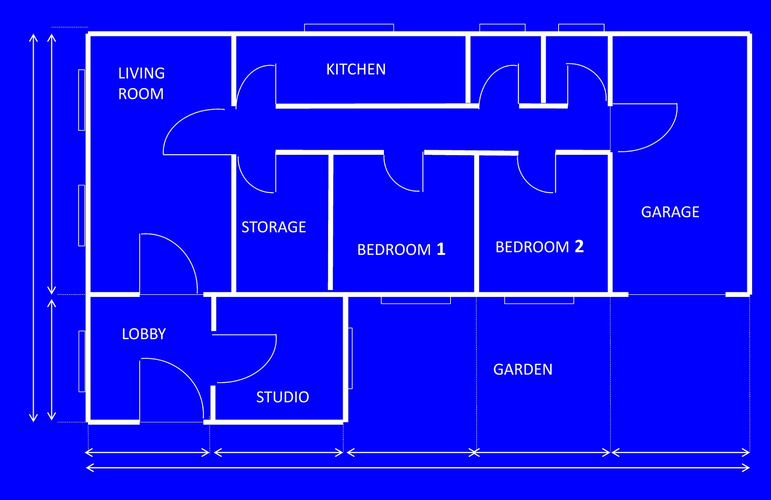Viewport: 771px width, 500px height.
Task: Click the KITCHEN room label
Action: point(356,70)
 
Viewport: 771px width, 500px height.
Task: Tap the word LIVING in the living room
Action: point(141,74)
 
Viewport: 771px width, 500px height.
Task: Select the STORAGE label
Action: point(273,227)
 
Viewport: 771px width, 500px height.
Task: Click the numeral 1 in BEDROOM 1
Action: point(441,249)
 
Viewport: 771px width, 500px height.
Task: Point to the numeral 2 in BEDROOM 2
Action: point(579,246)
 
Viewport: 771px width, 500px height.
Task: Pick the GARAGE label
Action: point(670,212)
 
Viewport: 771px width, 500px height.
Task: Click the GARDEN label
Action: point(522,369)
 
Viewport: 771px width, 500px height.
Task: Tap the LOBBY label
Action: point(144,334)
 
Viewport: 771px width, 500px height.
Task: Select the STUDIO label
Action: point(283,397)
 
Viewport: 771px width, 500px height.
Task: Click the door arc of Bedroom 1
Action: point(396,181)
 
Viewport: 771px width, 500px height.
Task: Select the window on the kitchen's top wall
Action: point(349,27)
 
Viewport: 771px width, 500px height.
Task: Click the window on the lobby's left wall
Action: point(82,361)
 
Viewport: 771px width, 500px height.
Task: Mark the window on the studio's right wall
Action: point(350,358)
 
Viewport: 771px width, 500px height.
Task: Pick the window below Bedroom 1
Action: point(416,301)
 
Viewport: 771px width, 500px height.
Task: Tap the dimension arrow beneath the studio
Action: point(279,453)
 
